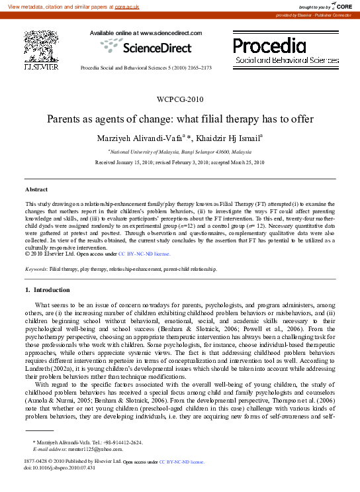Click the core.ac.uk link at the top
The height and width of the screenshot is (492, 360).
pyautogui.click(x=124, y=5)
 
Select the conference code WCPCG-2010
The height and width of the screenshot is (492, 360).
pyautogui.click(x=179, y=99)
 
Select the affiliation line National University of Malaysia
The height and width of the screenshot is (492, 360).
pyautogui.click(x=179, y=152)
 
